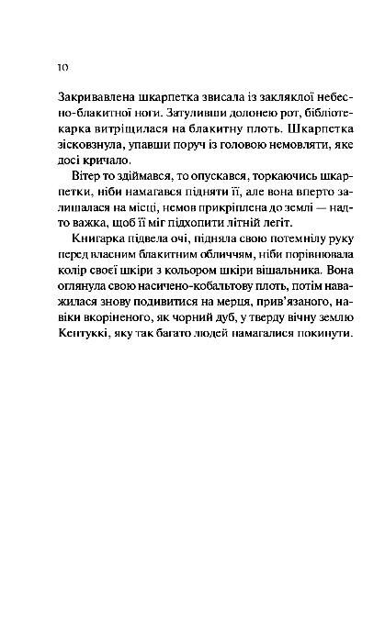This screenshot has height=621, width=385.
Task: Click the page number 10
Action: (x=62, y=67)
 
